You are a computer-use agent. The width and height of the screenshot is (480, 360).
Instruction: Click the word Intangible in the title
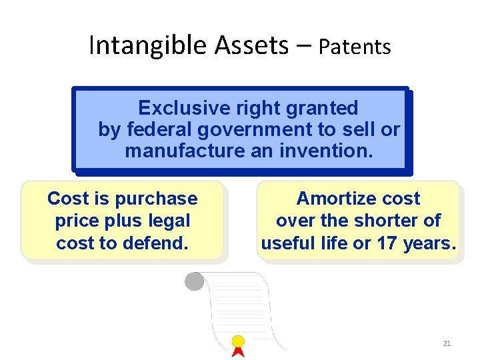tap(149, 45)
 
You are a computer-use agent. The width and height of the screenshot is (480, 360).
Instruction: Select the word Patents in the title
tap(354, 47)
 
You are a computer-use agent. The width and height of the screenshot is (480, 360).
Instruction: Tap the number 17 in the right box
tap(387, 243)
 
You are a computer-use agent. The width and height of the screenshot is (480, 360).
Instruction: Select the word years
tap(429, 243)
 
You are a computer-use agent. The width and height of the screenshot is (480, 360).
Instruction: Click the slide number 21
tap(447, 343)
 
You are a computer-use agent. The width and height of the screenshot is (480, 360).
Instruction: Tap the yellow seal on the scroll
tap(238, 342)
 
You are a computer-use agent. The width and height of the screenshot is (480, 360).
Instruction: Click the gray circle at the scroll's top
tap(194, 281)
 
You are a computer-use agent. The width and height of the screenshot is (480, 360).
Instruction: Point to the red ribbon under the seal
tap(238, 352)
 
